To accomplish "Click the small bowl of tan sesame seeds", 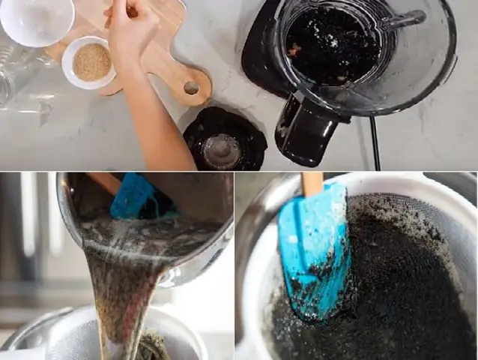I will point(91,62).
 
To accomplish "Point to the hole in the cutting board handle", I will point(191,88).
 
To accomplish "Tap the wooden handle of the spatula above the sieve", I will point(312,184).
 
